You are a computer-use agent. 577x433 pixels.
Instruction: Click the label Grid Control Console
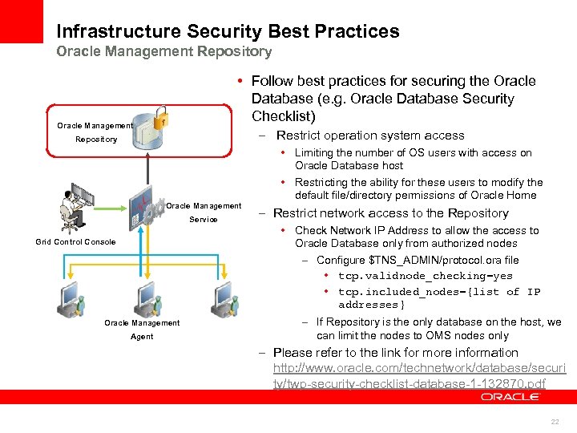click(x=75, y=241)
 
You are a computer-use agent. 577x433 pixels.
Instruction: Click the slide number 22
click(x=555, y=422)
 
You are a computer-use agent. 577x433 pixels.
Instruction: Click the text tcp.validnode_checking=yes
click(x=425, y=276)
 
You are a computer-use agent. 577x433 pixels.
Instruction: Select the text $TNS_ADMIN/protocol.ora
click(x=425, y=260)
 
